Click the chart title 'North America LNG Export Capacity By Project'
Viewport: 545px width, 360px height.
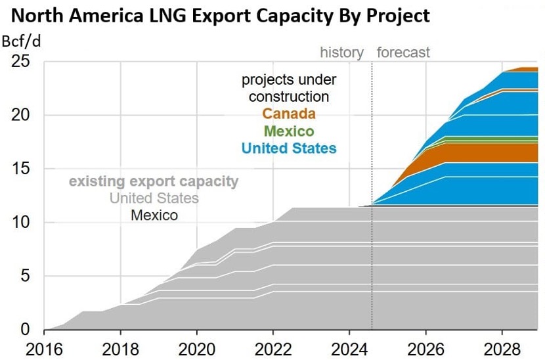(216, 16)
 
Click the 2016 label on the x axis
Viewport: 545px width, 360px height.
(43, 347)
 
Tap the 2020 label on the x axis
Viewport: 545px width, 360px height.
(197, 347)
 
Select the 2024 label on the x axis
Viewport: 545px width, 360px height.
(350, 347)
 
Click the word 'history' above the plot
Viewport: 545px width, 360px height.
(341, 53)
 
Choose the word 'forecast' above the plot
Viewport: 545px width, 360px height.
(403, 53)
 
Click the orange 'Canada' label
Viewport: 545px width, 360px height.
(289, 114)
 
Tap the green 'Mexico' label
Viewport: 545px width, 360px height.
(289, 131)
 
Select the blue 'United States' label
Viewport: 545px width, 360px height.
(289, 148)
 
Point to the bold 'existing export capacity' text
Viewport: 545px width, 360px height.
(154, 181)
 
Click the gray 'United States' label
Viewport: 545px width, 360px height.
(154, 198)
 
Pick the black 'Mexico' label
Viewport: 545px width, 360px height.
(154, 215)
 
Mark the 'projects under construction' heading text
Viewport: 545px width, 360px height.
(289, 88)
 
